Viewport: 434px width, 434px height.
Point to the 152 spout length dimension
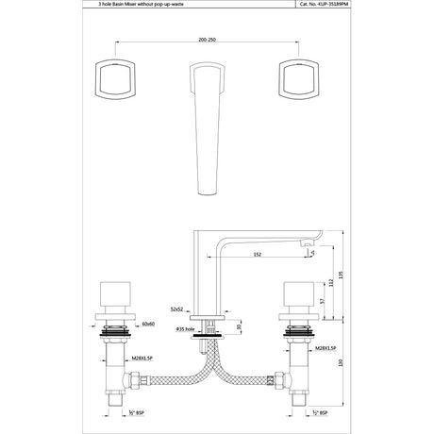(258, 254)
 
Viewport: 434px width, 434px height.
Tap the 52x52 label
(177, 309)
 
